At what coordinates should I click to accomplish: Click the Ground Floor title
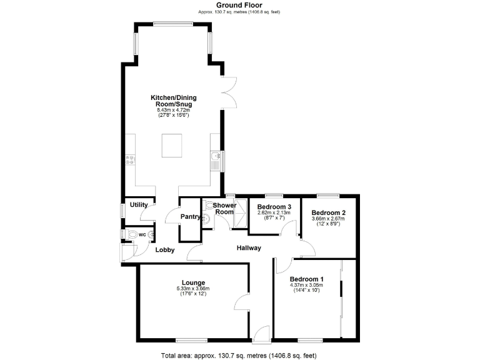click(x=239, y=5)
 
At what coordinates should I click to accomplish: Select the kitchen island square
click(x=173, y=145)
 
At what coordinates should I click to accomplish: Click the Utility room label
click(x=138, y=204)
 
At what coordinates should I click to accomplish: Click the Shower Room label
click(x=224, y=208)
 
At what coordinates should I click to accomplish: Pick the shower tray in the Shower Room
click(x=239, y=213)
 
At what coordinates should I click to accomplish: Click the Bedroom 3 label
click(x=274, y=207)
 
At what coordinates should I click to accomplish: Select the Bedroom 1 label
click(x=307, y=279)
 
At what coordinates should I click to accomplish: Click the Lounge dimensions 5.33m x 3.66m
click(x=193, y=288)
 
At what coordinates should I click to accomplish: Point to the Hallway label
click(x=248, y=248)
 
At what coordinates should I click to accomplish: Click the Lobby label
click(x=165, y=250)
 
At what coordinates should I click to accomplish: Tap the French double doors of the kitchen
click(x=229, y=91)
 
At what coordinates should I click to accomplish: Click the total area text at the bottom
click(x=239, y=354)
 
